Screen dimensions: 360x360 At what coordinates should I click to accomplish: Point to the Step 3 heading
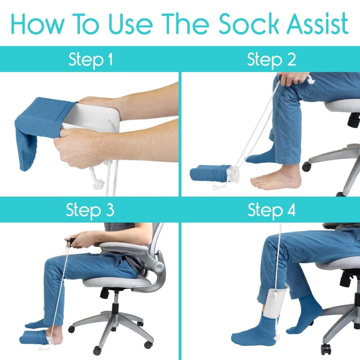[90, 210]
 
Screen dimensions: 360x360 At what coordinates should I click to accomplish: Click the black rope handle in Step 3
[71, 240]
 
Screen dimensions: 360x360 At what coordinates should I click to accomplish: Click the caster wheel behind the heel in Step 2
[307, 166]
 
